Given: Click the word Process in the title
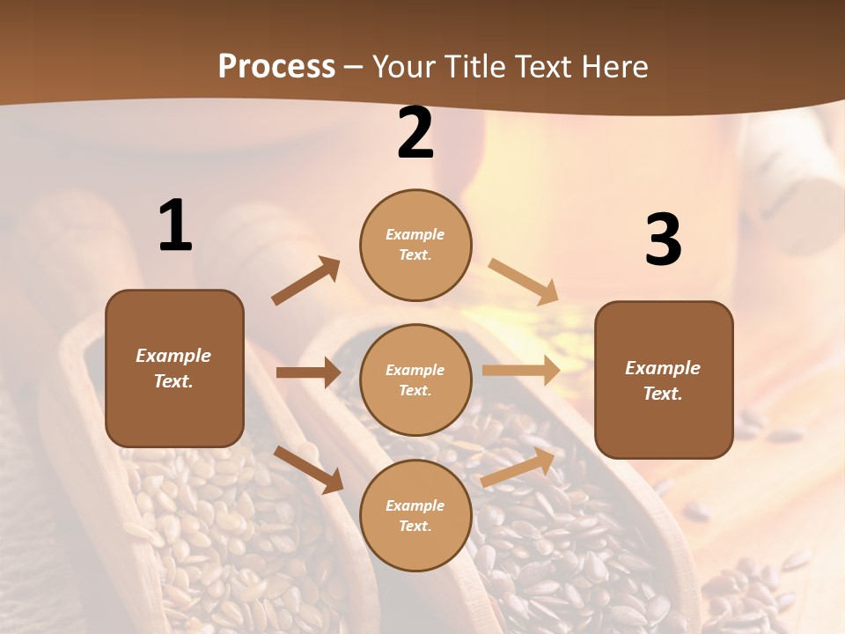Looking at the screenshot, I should (x=276, y=67).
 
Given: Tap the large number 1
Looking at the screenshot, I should (x=175, y=226).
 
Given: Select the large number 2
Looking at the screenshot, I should (x=415, y=134).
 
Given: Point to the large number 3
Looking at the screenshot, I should (x=664, y=240).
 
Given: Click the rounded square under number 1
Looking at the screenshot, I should (x=174, y=368).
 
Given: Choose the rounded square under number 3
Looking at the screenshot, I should (x=664, y=380).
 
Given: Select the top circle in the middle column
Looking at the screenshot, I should (x=415, y=245).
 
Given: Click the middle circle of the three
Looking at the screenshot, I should (x=415, y=380).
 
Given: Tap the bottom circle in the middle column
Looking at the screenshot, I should (x=415, y=515).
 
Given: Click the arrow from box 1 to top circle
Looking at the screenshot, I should (x=305, y=281).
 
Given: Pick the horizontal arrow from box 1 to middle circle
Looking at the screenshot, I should (x=308, y=372).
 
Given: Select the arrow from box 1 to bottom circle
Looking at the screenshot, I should (x=308, y=469).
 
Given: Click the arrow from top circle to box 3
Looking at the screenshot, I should (x=524, y=281).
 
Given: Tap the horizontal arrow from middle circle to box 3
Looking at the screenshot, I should (x=521, y=371).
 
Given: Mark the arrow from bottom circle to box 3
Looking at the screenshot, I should (x=518, y=467).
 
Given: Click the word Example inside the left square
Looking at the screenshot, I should (x=173, y=356).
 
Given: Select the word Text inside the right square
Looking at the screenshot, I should (x=663, y=394).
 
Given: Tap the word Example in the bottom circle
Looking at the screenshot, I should (x=415, y=505).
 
